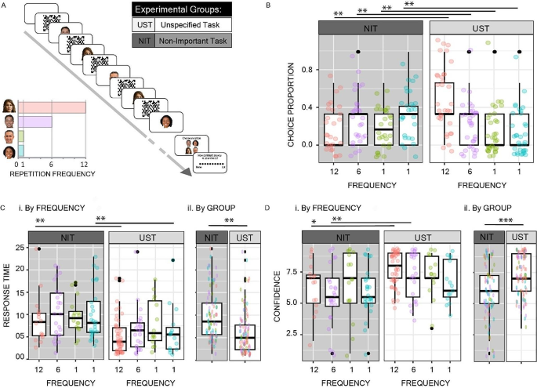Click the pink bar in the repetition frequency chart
tap(52, 107)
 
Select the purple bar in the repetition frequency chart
tap(34, 121)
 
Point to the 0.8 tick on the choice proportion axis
tap(310, 69)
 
